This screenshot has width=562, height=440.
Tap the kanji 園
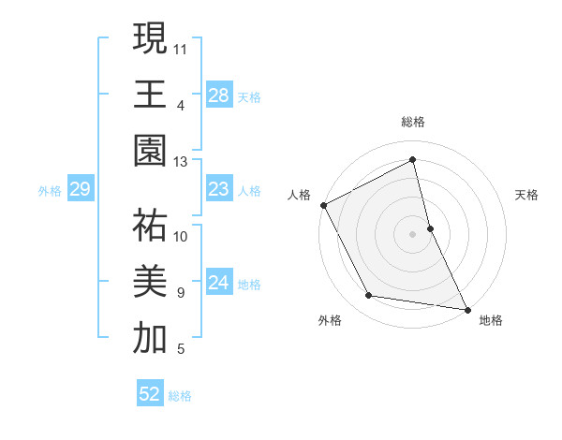150,151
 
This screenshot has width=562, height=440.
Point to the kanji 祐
150,224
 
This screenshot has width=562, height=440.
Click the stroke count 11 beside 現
182,48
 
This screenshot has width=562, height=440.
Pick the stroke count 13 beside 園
182,162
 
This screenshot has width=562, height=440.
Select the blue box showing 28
218,95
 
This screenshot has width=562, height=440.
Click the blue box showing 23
218,189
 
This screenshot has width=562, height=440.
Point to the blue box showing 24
218,283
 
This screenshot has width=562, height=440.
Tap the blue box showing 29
80,190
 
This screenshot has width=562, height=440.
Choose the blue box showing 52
149,394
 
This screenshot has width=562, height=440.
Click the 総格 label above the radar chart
413,122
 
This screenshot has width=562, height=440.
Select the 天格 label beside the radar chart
527,195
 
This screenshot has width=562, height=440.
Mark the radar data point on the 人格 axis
323,205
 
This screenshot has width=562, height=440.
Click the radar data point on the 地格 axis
466,309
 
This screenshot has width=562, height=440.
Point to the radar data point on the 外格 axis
369,296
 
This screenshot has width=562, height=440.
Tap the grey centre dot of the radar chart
413,233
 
